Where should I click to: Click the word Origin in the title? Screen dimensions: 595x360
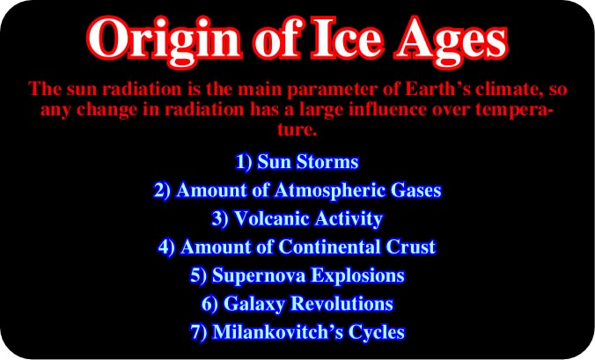point(164,42)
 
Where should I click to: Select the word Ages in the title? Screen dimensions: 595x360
point(452,42)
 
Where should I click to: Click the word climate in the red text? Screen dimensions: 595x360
point(507,89)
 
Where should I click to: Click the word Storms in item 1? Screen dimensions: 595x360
point(327,162)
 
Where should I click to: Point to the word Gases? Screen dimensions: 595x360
point(416,190)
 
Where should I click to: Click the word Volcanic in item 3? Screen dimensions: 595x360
point(272,218)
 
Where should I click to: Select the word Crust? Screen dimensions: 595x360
point(411,247)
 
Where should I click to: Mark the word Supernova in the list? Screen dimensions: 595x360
point(259,276)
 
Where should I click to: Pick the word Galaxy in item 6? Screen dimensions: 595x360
point(254,305)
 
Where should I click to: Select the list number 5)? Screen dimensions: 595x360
point(198,276)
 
